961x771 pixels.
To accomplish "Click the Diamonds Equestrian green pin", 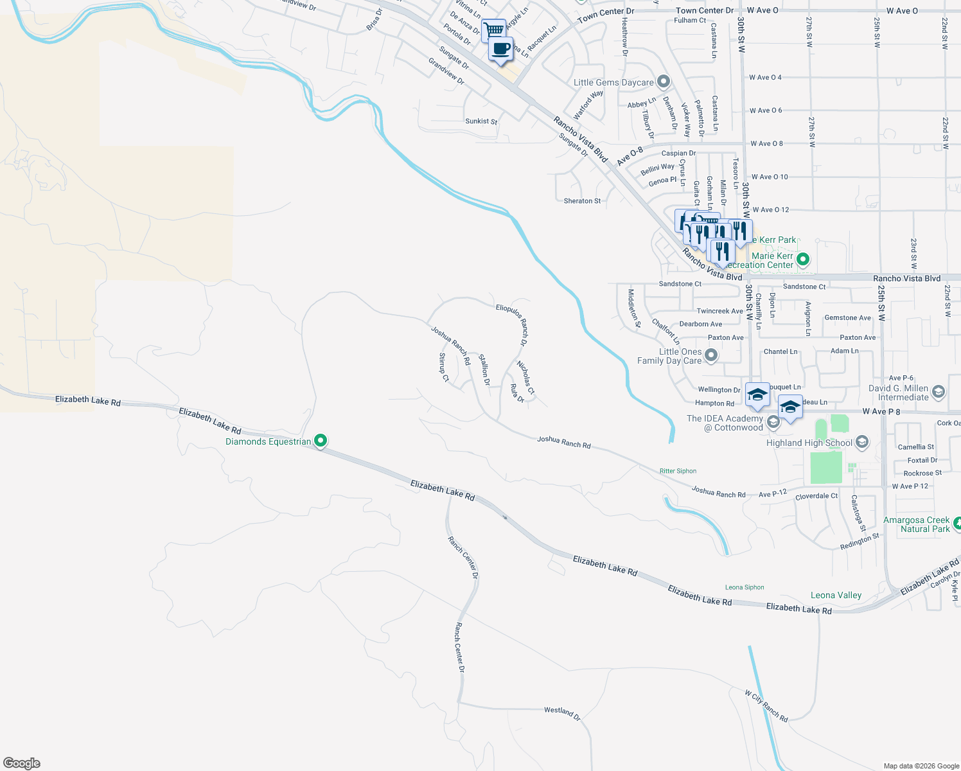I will click(321, 441).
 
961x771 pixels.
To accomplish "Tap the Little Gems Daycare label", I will click(613, 82).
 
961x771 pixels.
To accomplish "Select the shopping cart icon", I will click(493, 30).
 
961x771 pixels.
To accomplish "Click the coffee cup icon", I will click(501, 49).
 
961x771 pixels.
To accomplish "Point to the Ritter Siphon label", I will click(678, 471).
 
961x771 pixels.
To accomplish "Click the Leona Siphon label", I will click(745, 587).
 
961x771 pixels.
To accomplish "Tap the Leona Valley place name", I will click(836, 596).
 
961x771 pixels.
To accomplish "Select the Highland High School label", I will click(809, 443).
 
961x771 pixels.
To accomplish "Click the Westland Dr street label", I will click(562, 713).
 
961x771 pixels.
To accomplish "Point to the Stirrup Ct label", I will click(443, 367).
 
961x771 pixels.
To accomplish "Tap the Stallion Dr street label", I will click(484, 370).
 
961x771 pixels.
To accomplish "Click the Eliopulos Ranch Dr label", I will click(512, 324).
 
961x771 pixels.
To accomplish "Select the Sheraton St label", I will click(582, 201).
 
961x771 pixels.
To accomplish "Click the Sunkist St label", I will click(481, 121).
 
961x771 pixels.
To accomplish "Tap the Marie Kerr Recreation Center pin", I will click(802, 260).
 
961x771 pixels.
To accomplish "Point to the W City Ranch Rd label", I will click(766, 706).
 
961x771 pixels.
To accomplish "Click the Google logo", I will click(21, 763).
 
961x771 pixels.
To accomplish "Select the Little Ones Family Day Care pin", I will click(711, 355).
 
